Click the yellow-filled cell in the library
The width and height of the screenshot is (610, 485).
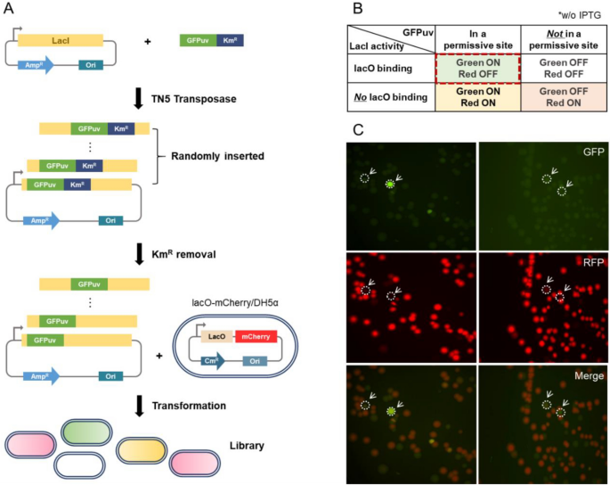[142, 449]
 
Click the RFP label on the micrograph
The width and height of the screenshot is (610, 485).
[591, 263]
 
